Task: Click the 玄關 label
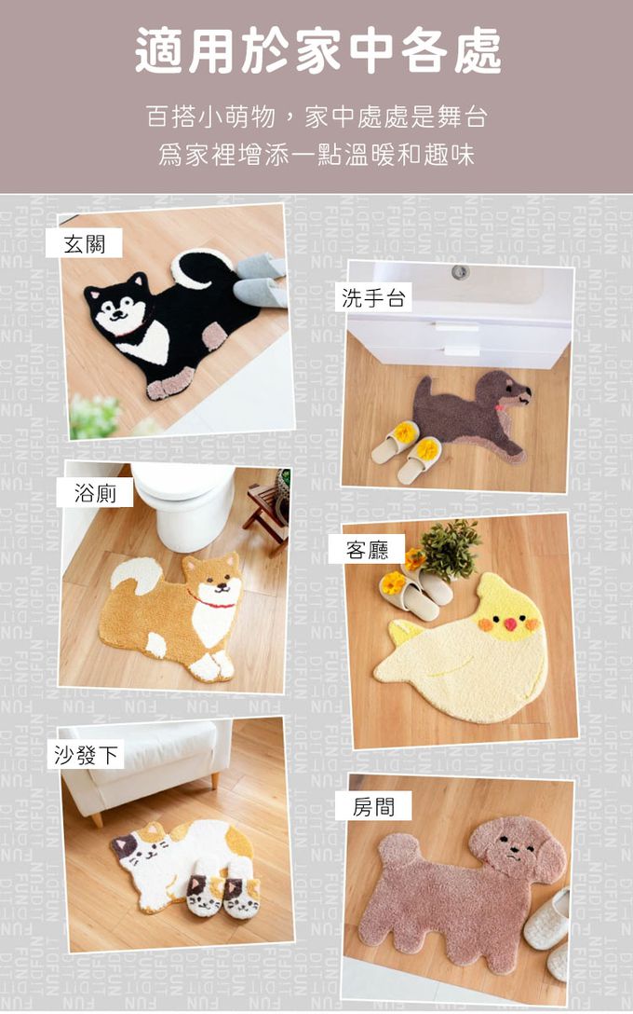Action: coord(84,243)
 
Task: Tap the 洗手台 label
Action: coord(373,298)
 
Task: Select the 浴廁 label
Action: coord(95,493)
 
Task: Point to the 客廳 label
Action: coord(367,550)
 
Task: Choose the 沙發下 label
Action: coord(86,755)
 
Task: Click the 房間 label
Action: coord(373,806)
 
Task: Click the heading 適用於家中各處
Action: coord(317,49)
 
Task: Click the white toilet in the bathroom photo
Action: coord(183,502)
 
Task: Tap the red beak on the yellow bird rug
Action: coord(510,624)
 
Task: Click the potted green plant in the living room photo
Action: coord(451,550)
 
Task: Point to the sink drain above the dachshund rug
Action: coord(460,272)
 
